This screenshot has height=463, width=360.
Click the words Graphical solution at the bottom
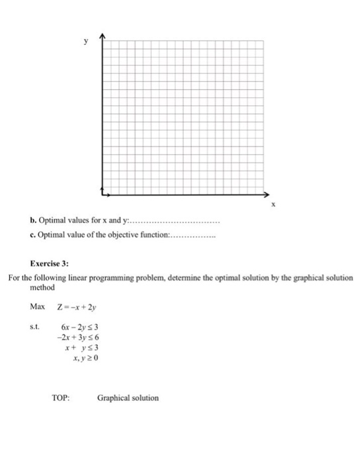point(128,398)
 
